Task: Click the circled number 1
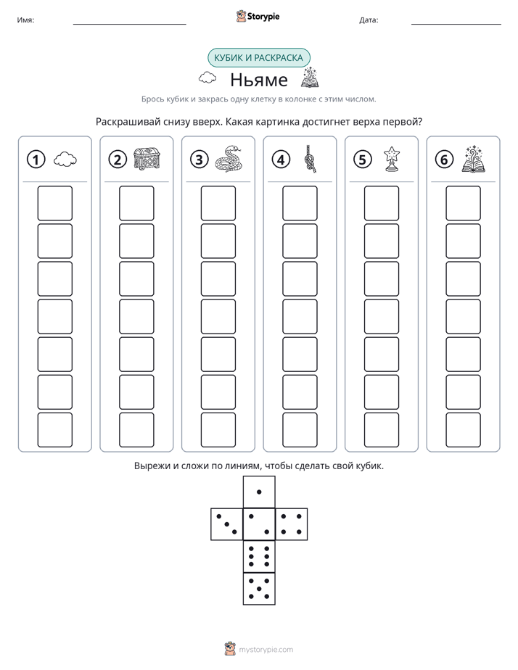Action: pos(36,160)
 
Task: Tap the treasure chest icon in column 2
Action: pos(147,159)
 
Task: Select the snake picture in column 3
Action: pos(229,159)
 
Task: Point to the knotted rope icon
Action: pos(310,159)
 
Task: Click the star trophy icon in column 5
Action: pos(392,159)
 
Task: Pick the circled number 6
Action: pos(444,160)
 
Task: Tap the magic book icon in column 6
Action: pos(474,159)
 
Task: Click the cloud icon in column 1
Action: pos(65,160)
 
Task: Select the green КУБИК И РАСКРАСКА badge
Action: pos(259,58)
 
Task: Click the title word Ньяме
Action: pos(259,80)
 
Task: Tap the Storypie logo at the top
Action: pos(258,16)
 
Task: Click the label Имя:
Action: pos(25,20)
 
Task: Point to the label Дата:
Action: pos(369,20)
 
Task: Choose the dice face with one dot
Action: pos(259,492)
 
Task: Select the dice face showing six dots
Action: pos(259,556)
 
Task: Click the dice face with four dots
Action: pos(292,524)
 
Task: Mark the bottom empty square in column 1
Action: pos(54,430)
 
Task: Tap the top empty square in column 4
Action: pos(300,203)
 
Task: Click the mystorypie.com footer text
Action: pos(266,650)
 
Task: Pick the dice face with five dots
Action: pos(259,588)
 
